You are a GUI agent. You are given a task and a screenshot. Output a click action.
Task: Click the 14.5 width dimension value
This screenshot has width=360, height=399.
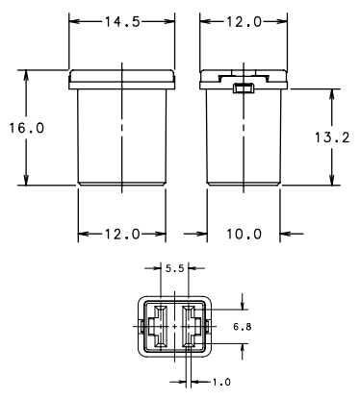click(122, 22)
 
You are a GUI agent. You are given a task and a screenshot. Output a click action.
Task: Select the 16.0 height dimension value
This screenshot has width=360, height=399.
click(26, 128)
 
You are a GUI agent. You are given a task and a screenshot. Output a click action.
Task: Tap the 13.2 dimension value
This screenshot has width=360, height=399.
click(332, 137)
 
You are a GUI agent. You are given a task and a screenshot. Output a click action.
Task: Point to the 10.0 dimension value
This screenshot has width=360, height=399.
click(244, 234)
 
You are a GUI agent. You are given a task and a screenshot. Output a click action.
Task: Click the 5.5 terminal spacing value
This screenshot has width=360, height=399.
click(175, 268)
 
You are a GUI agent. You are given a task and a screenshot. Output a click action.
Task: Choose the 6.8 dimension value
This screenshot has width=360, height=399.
click(243, 327)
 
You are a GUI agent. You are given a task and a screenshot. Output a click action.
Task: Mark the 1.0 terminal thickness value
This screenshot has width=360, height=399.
click(221, 382)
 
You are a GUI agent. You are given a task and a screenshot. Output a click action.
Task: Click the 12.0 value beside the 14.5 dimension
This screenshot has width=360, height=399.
click(244, 22)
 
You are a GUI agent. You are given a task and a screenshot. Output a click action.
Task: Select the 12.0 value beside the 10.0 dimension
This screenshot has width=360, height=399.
click(122, 234)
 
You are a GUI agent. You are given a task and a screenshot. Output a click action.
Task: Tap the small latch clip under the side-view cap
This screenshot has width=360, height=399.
click(244, 87)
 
